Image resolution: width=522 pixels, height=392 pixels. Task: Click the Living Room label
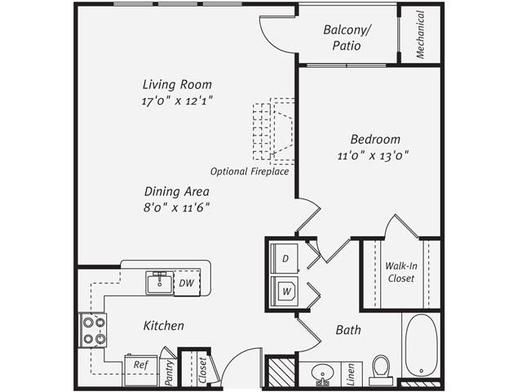(x=177, y=84)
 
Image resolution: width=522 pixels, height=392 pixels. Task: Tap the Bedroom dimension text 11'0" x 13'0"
(x=372, y=154)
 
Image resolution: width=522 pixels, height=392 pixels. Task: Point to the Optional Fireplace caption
(x=250, y=172)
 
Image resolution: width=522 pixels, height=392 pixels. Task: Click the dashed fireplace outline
(x=274, y=131)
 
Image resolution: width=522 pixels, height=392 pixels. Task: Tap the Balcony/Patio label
(x=347, y=38)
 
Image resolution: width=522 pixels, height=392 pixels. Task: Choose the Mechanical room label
(x=421, y=34)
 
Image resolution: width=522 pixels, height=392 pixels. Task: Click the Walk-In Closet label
(x=400, y=272)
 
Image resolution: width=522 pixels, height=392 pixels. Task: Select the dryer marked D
(x=285, y=258)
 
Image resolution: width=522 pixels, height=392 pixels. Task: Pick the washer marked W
(x=285, y=290)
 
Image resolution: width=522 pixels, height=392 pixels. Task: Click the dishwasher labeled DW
(x=185, y=283)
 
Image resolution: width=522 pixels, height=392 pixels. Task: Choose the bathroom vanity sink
(x=323, y=374)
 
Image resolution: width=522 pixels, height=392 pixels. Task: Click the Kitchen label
(x=163, y=326)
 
